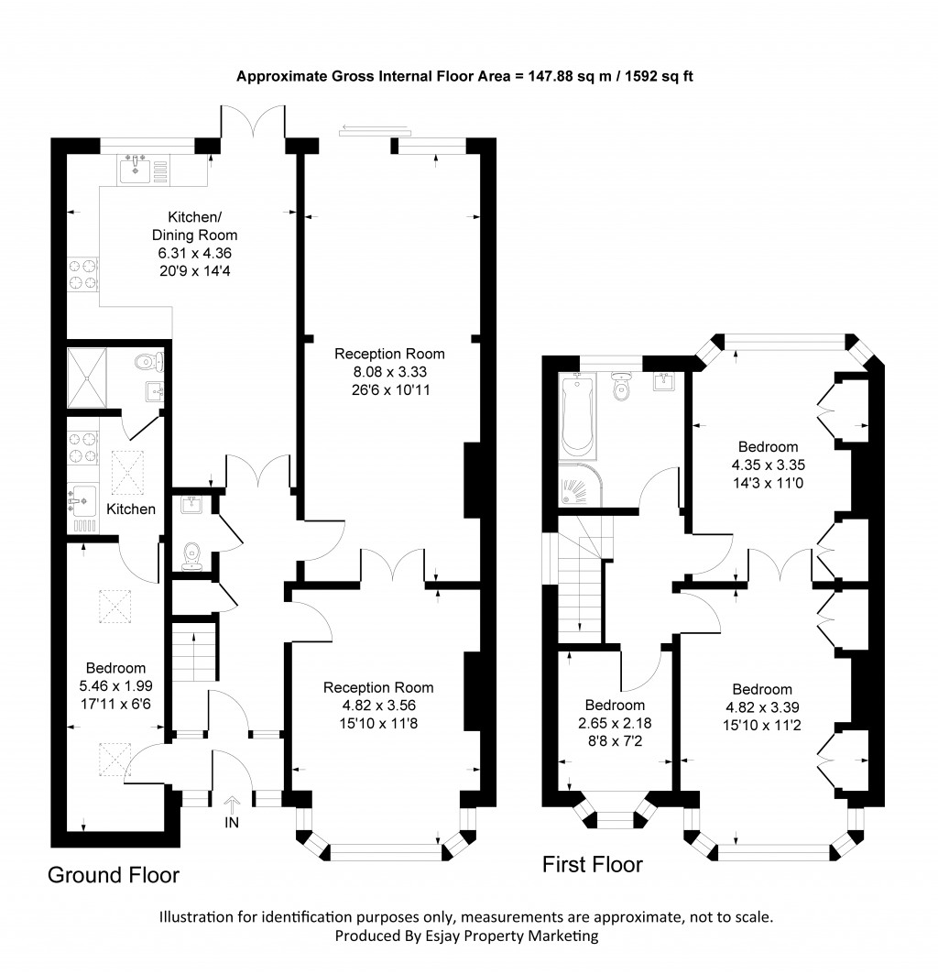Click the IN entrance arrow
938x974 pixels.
(231, 804)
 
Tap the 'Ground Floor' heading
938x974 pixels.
(114, 875)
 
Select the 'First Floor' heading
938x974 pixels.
(593, 863)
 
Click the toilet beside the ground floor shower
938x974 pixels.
(144, 363)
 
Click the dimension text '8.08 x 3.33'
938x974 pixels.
(389, 372)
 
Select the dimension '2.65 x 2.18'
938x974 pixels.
(616, 723)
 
